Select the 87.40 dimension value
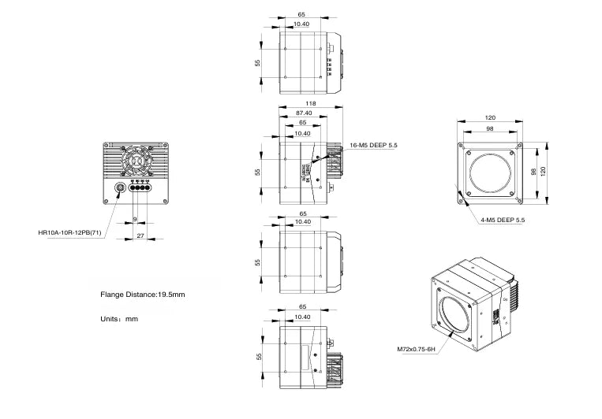301,113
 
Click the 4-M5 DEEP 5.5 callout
503,220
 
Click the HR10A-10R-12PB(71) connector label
69,232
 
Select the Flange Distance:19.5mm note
142,295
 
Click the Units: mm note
120,319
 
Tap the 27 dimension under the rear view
140,235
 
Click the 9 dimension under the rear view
135,219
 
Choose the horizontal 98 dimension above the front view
489,128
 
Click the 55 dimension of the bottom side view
258,356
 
